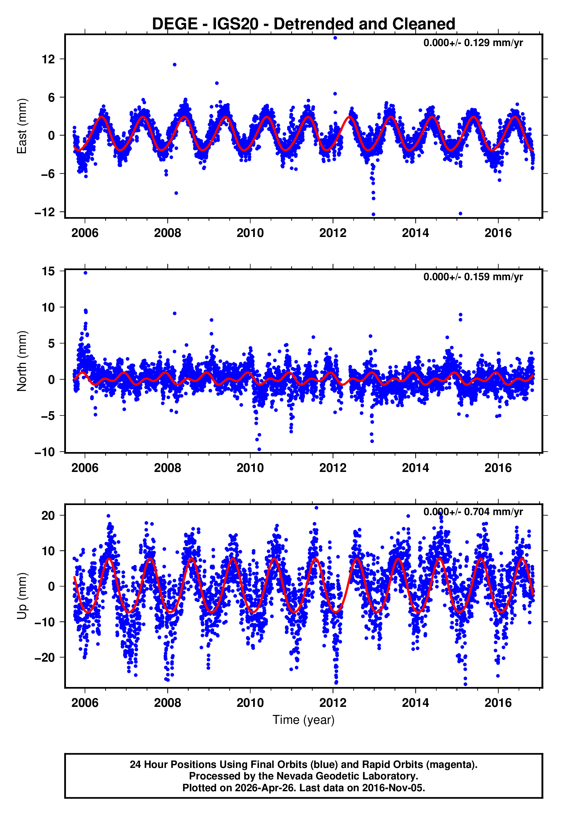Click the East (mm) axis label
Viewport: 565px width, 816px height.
(22, 126)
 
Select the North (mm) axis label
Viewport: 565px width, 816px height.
(22, 361)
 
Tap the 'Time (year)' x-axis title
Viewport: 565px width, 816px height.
(304, 720)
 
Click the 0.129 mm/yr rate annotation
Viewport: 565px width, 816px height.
(473, 43)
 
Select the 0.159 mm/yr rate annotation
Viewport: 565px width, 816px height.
(473, 277)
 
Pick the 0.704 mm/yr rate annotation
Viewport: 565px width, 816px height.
(473, 512)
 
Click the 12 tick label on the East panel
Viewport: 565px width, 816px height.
(48, 59)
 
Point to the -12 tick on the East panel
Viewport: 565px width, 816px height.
(45, 212)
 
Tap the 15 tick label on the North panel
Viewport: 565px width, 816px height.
(48, 272)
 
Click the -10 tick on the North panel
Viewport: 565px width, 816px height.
(45, 452)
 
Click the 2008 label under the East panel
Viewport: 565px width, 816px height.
(167, 233)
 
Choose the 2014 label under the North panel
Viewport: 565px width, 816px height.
(415, 468)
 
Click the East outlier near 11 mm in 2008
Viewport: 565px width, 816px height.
(175, 65)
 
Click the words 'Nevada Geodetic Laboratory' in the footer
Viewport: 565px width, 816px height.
(347, 776)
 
